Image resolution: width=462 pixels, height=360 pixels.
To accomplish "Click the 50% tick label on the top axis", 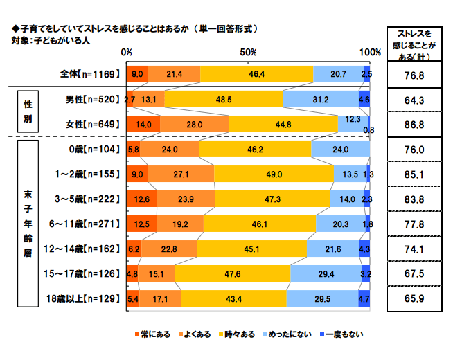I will point(249,53).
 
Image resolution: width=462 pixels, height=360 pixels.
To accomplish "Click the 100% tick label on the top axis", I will point(370,53).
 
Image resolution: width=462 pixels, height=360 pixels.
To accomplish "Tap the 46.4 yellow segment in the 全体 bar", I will point(257,74).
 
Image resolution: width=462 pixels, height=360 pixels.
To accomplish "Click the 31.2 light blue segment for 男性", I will point(321,99).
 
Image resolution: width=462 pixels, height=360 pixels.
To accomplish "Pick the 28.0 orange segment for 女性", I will point(195,124).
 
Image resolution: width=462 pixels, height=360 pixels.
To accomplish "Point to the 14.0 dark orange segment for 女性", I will point(143,124).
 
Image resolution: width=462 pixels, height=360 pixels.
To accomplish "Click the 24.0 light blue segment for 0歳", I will point(340,149).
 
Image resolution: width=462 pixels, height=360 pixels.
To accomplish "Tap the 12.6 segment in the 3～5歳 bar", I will point(141,199).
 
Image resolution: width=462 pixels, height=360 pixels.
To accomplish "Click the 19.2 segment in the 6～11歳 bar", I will point(180,224).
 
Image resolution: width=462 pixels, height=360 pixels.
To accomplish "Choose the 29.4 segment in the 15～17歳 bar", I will point(326,273).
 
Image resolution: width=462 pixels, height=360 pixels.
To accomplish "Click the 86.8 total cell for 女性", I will point(414,124).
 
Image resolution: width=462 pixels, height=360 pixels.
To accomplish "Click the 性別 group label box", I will point(27,111).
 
